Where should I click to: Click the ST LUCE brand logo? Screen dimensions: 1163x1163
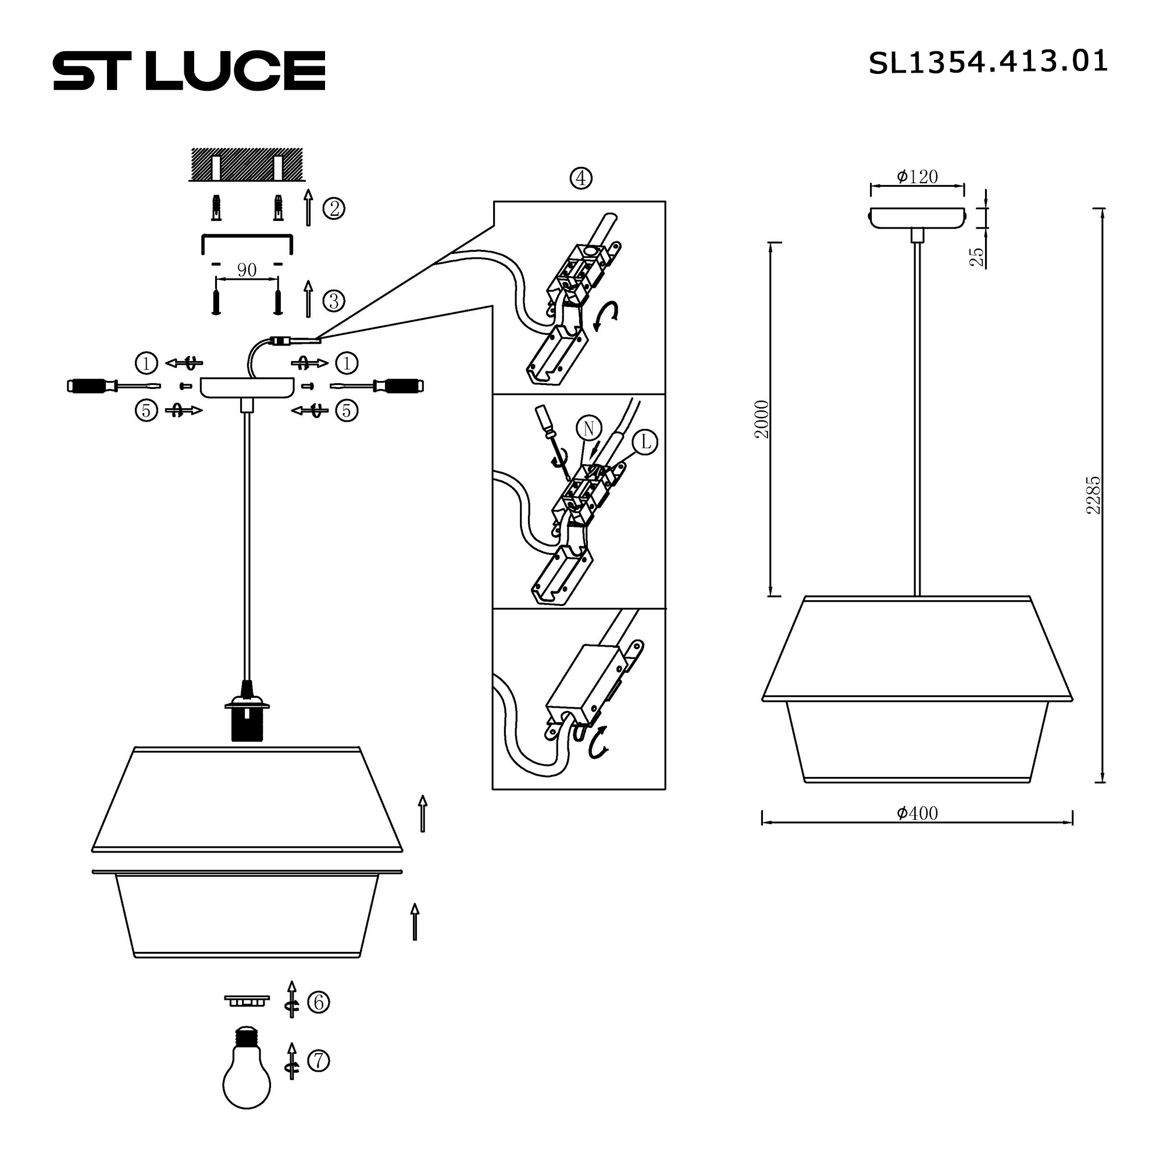point(189,70)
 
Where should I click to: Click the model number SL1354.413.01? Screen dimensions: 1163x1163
point(987,62)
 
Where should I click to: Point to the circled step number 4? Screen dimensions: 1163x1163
point(580,178)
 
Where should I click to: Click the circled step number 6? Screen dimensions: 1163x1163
point(319,1002)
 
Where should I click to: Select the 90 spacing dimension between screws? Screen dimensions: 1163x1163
point(247,270)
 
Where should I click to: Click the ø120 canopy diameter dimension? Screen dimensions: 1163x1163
point(917,177)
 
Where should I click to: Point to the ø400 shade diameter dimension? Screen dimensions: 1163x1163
point(917,814)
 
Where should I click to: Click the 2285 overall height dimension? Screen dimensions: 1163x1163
point(1093,495)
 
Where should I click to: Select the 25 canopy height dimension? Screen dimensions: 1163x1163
point(977,257)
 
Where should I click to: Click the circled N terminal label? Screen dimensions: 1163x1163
point(588,429)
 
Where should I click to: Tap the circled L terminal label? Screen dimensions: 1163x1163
point(645,443)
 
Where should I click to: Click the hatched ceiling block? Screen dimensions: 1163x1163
point(247,163)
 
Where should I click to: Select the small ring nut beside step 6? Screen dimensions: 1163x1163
point(247,1000)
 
